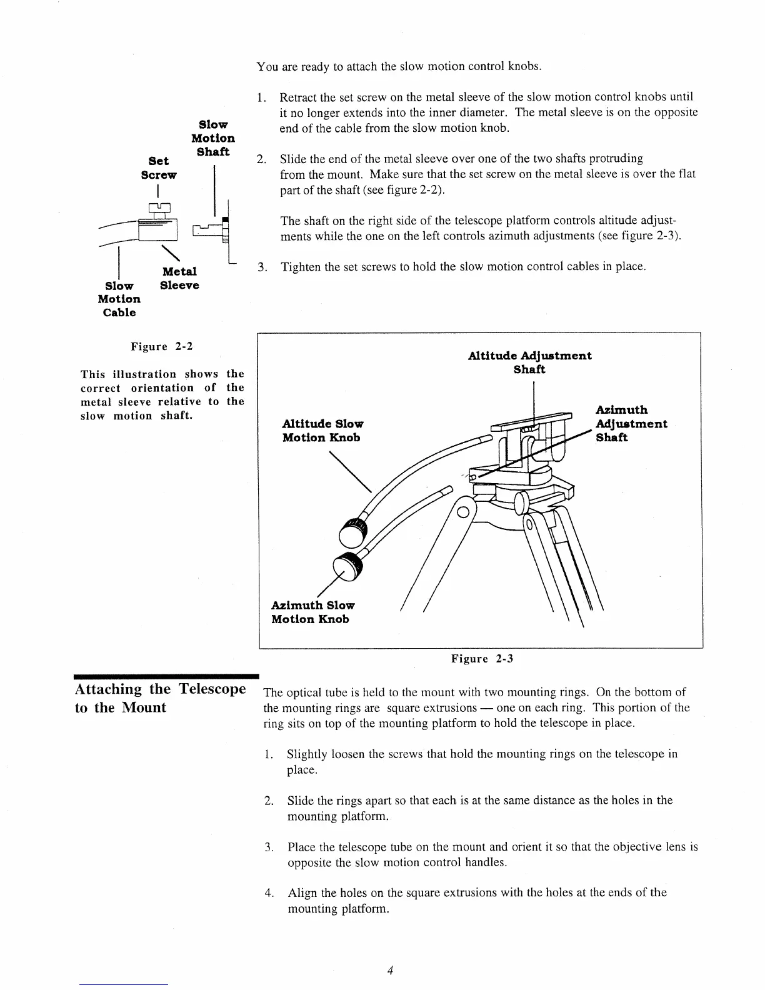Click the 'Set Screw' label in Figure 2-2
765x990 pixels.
point(159,167)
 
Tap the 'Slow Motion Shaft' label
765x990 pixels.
point(213,138)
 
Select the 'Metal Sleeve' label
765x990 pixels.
point(179,278)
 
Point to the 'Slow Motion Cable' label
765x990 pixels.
point(119,299)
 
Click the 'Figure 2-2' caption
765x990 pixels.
point(158,346)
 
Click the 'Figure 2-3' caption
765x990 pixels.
point(482,658)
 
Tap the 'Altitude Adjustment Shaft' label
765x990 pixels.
point(529,362)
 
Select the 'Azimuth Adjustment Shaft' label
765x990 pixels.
point(631,423)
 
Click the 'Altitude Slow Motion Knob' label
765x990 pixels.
point(322,430)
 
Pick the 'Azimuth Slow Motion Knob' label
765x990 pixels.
point(312,612)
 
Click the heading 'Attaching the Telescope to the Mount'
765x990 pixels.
point(159,698)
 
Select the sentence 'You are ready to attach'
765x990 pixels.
point(399,66)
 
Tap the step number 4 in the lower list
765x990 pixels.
point(269,892)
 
